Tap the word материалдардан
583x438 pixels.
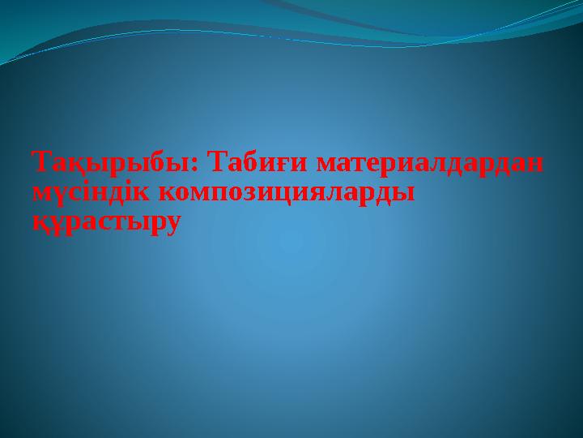tap(429, 163)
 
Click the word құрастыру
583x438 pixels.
tap(103, 221)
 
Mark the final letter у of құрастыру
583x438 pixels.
tap(168, 223)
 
